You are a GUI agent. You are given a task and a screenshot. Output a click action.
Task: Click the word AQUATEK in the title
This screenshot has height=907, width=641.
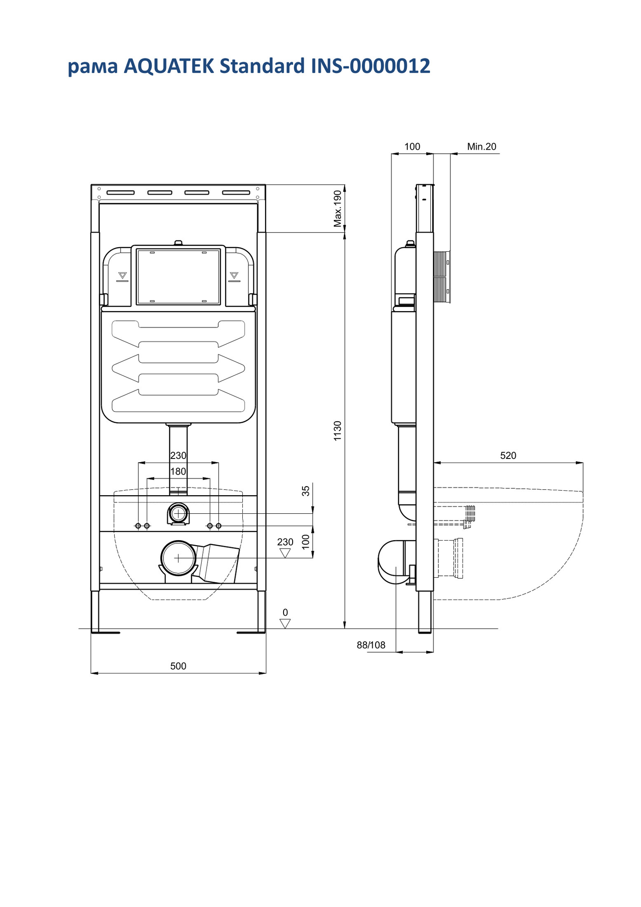click(x=169, y=66)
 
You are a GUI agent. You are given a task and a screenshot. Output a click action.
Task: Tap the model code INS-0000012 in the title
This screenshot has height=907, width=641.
click(x=370, y=66)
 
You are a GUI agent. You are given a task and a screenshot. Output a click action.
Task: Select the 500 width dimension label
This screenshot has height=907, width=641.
click(x=178, y=666)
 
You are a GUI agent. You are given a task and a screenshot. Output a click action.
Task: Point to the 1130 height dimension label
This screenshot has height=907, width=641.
click(x=337, y=431)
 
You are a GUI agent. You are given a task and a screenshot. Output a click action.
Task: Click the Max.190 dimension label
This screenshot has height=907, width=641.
click(x=337, y=209)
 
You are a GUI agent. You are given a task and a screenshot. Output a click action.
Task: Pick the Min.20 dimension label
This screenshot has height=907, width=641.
click(x=482, y=146)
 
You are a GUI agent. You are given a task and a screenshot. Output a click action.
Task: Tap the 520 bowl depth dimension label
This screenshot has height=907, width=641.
click(x=508, y=455)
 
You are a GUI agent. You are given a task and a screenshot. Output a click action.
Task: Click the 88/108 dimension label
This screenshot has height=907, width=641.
click(x=371, y=645)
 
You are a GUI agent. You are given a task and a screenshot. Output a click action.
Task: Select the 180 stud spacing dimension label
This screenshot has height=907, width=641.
click(x=178, y=471)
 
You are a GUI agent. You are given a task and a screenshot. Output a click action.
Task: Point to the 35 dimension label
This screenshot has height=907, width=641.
click(x=306, y=491)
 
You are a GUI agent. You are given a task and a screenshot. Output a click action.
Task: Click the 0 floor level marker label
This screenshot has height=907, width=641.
click(x=285, y=613)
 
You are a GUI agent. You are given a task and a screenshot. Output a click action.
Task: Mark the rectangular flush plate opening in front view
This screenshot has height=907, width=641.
click(x=178, y=276)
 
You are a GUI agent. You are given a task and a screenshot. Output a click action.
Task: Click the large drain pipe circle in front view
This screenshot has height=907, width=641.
click(x=178, y=558)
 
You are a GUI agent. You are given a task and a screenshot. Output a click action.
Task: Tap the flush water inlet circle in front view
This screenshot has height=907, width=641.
click(x=178, y=514)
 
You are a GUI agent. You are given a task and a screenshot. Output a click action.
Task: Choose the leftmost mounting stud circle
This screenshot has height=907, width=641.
click(x=138, y=526)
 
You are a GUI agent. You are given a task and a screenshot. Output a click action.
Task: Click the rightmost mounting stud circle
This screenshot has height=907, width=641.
click(x=218, y=526)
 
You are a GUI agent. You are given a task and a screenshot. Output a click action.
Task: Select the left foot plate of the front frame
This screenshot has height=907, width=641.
click(x=106, y=632)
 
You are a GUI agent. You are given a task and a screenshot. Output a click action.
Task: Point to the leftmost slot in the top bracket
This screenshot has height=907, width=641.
click(x=120, y=192)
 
